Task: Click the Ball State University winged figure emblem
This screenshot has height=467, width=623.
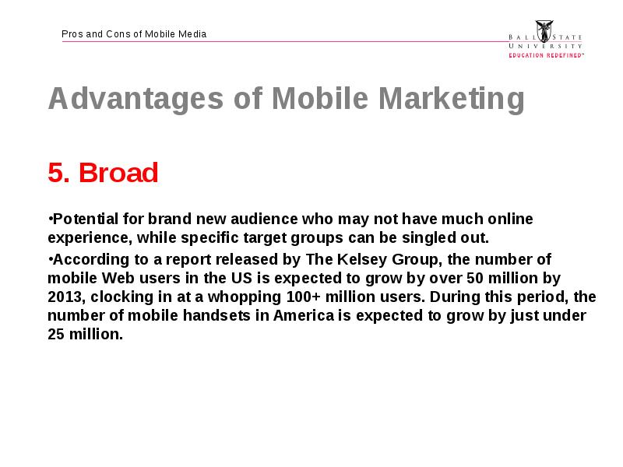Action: tap(544, 31)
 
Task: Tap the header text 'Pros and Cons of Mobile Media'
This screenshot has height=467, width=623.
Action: tap(134, 34)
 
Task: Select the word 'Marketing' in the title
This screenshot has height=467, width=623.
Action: tap(452, 99)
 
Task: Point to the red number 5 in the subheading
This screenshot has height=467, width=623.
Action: tap(56, 173)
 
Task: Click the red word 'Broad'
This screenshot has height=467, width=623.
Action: tap(118, 173)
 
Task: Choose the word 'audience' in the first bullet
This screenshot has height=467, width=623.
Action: tap(264, 219)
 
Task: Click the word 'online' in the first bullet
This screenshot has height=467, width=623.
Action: tap(510, 219)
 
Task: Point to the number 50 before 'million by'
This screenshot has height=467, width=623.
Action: tap(475, 278)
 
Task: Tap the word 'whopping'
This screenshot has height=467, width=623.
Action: tap(245, 297)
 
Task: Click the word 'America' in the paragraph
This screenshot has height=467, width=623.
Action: tap(304, 316)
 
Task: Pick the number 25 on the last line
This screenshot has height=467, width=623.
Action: tap(56, 335)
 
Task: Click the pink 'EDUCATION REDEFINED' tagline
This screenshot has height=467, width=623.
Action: tap(547, 55)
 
